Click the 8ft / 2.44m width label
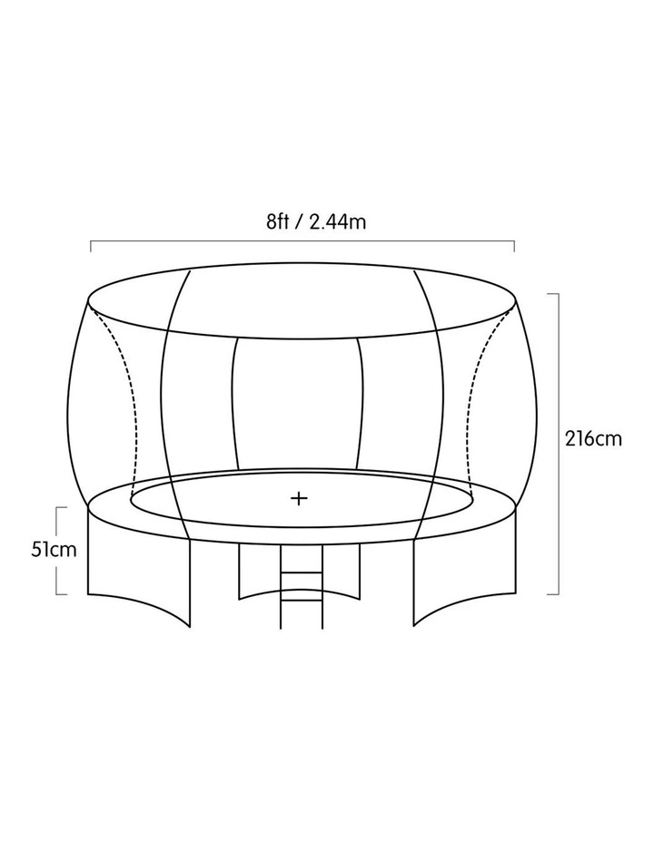(x=316, y=221)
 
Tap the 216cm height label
(x=593, y=439)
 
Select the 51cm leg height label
(x=54, y=550)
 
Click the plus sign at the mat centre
(x=299, y=499)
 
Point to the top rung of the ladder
(x=302, y=573)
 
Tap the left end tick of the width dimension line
(x=91, y=246)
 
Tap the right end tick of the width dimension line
(x=514, y=246)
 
